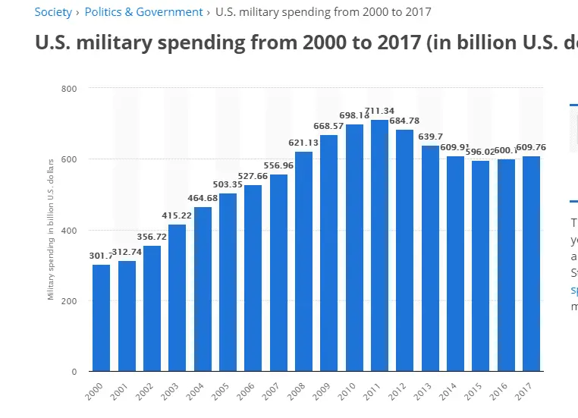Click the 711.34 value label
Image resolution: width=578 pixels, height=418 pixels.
tap(379, 112)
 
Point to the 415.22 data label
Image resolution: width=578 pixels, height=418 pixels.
tap(177, 216)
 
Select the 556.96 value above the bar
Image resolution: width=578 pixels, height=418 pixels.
tap(278, 166)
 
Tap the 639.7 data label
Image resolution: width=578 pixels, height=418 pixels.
tap(430, 137)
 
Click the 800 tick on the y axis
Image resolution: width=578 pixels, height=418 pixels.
tap(70, 89)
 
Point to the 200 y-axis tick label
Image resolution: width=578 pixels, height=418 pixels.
tap(70, 301)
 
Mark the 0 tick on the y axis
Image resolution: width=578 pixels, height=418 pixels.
tap(74, 372)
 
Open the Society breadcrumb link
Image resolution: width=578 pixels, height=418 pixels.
tap(53, 12)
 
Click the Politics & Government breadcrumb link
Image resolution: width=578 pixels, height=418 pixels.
tap(143, 12)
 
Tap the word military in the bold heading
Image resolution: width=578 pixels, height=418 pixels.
tap(108, 42)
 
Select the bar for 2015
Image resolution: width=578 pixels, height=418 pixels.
tap(480, 266)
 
